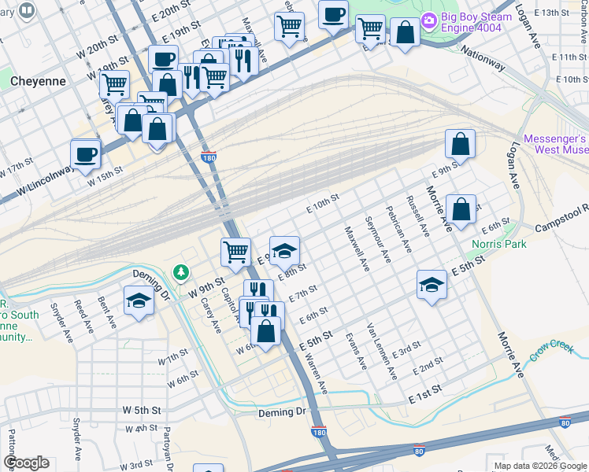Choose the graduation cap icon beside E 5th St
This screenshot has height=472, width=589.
point(432,285)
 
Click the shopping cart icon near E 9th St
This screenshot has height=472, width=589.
point(235,252)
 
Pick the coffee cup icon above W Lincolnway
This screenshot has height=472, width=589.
point(85,153)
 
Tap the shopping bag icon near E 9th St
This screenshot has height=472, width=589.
point(460,143)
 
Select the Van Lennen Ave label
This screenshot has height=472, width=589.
point(380,342)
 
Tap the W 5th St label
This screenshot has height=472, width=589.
point(142,411)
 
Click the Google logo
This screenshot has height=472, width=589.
point(26,463)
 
